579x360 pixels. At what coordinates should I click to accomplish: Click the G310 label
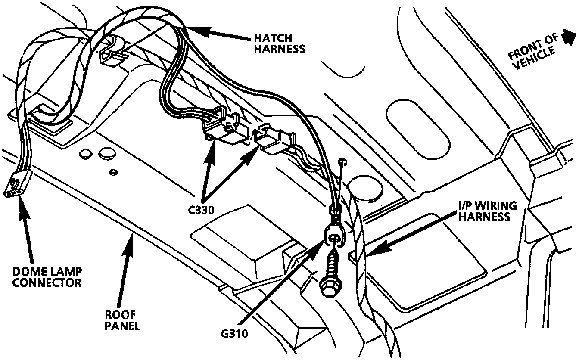click(x=233, y=333)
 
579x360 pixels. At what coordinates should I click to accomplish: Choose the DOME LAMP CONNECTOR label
click(x=47, y=277)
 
